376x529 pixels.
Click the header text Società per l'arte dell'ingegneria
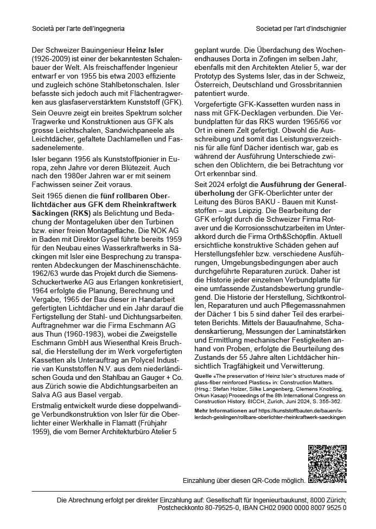(78, 28)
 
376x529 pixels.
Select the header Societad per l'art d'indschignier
(301, 28)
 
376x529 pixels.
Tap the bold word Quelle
(204, 375)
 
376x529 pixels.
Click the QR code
(327, 463)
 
